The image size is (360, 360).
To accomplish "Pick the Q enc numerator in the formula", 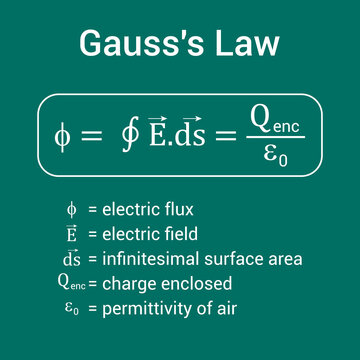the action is [x=275, y=121].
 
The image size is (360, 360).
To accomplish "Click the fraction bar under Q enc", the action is [x=275, y=138].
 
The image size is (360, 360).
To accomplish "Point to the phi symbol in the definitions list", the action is [x=70, y=209].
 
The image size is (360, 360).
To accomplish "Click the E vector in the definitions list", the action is [x=71, y=233].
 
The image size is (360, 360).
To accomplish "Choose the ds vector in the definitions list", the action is [x=71, y=258].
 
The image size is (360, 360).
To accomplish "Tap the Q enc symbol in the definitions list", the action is [x=69, y=283].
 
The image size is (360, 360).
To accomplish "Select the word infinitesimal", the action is [x=143, y=259].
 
